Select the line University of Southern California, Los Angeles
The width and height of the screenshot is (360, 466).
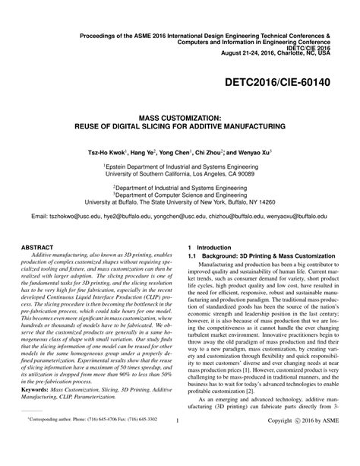[179, 173]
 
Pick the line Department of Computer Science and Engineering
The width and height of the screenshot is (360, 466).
[179, 194]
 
